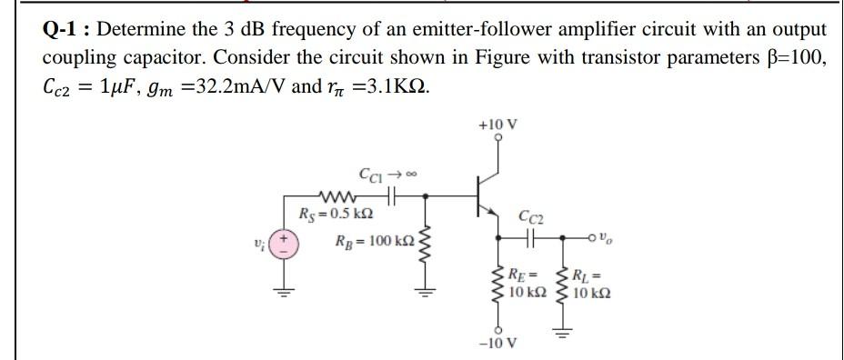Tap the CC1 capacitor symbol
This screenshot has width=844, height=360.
click(394, 195)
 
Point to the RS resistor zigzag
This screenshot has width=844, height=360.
click(337, 195)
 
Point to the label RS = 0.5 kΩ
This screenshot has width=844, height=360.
click(336, 214)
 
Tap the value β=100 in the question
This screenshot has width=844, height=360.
click(791, 58)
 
